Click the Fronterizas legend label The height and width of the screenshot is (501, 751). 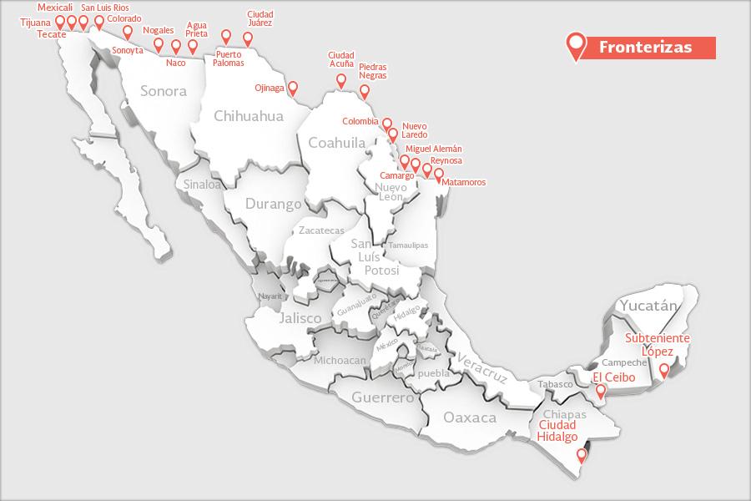pyautogui.click(x=645, y=48)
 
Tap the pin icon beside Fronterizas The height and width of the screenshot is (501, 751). pyautogui.click(x=575, y=45)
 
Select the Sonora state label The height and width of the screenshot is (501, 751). pyautogui.click(x=164, y=91)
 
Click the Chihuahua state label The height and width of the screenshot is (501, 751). pyautogui.click(x=249, y=116)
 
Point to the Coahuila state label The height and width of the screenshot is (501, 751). pyautogui.click(x=337, y=143)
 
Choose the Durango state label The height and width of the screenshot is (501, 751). pyautogui.click(x=274, y=203)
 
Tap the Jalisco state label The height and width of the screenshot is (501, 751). pyautogui.click(x=300, y=318)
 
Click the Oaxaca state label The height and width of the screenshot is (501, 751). pyautogui.click(x=470, y=417)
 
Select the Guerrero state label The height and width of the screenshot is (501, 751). pyautogui.click(x=382, y=397)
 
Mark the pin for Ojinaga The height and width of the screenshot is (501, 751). pyautogui.click(x=292, y=86)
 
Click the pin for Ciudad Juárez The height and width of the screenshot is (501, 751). pyautogui.click(x=247, y=38)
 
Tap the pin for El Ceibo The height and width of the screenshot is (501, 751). pyautogui.click(x=600, y=388)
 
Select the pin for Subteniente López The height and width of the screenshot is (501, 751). pyautogui.click(x=664, y=370)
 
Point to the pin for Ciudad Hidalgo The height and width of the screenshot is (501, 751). pyautogui.click(x=582, y=456)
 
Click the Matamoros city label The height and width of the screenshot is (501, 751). pyautogui.click(x=464, y=182)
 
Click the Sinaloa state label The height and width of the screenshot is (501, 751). pyautogui.click(x=203, y=184)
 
